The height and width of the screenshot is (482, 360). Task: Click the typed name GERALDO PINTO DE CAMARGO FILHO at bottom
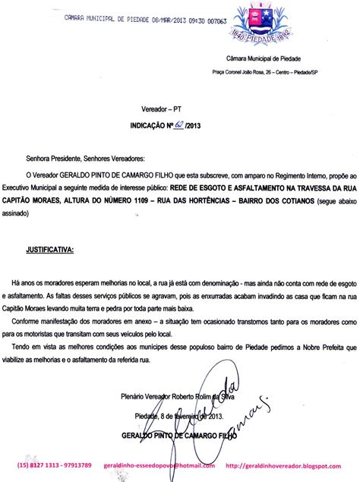179,436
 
